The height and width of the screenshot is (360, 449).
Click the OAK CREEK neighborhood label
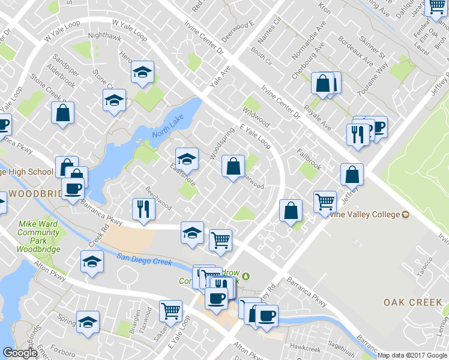413,302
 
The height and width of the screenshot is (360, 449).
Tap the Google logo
19,353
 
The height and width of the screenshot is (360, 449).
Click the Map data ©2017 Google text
412,355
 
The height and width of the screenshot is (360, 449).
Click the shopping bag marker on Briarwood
233,166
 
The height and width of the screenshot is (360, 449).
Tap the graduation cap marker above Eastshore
187,158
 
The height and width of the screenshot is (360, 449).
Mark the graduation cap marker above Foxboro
88,322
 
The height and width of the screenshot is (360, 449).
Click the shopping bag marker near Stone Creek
62,112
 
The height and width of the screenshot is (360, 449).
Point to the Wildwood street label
256,115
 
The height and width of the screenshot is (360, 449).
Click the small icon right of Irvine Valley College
405,215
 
